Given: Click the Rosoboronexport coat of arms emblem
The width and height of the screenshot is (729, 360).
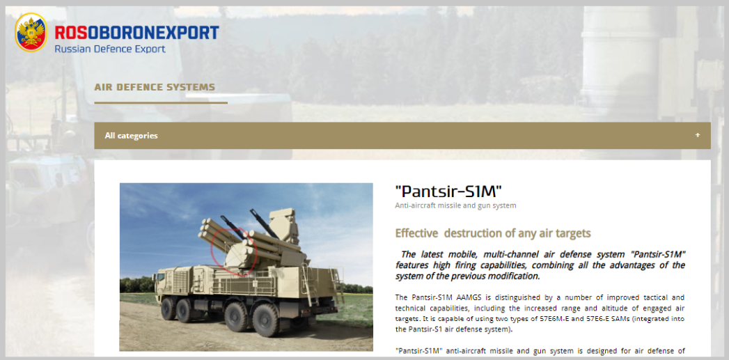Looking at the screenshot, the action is tap(31, 32).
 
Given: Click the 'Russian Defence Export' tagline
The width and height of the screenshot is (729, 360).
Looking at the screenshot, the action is tap(110, 49).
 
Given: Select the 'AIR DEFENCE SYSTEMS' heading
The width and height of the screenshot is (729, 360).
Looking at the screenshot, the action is tap(155, 87).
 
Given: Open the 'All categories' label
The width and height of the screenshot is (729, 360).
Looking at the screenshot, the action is tap(131, 136).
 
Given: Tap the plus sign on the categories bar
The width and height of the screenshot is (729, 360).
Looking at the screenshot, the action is tap(698, 135).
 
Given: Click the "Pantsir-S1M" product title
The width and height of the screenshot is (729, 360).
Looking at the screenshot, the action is tap(448, 191).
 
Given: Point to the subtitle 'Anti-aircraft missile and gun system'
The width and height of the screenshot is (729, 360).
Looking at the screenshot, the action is tap(455, 205).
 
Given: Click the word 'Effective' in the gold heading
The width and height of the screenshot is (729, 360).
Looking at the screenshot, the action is tap(416, 233).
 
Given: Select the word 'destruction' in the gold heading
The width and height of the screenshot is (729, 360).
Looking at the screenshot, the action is tap(472, 233).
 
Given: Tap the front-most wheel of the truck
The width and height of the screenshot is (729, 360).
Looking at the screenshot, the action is tap(168, 308).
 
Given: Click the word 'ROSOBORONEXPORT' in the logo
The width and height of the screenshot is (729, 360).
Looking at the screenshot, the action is tap(136, 33).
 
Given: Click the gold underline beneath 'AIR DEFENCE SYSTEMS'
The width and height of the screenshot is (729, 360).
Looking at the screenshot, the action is tap(161, 102).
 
